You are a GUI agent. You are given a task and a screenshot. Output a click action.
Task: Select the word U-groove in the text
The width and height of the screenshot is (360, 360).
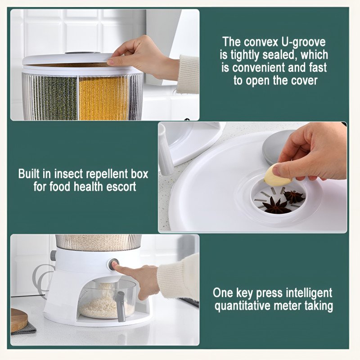tap(303, 42)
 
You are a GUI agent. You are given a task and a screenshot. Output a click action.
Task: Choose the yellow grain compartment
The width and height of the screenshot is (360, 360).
tap(103, 98)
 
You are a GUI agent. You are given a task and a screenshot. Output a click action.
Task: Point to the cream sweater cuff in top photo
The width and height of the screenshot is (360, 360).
tap(188, 74)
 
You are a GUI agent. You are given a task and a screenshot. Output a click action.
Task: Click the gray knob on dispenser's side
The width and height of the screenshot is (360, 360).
tap(53, 255)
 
